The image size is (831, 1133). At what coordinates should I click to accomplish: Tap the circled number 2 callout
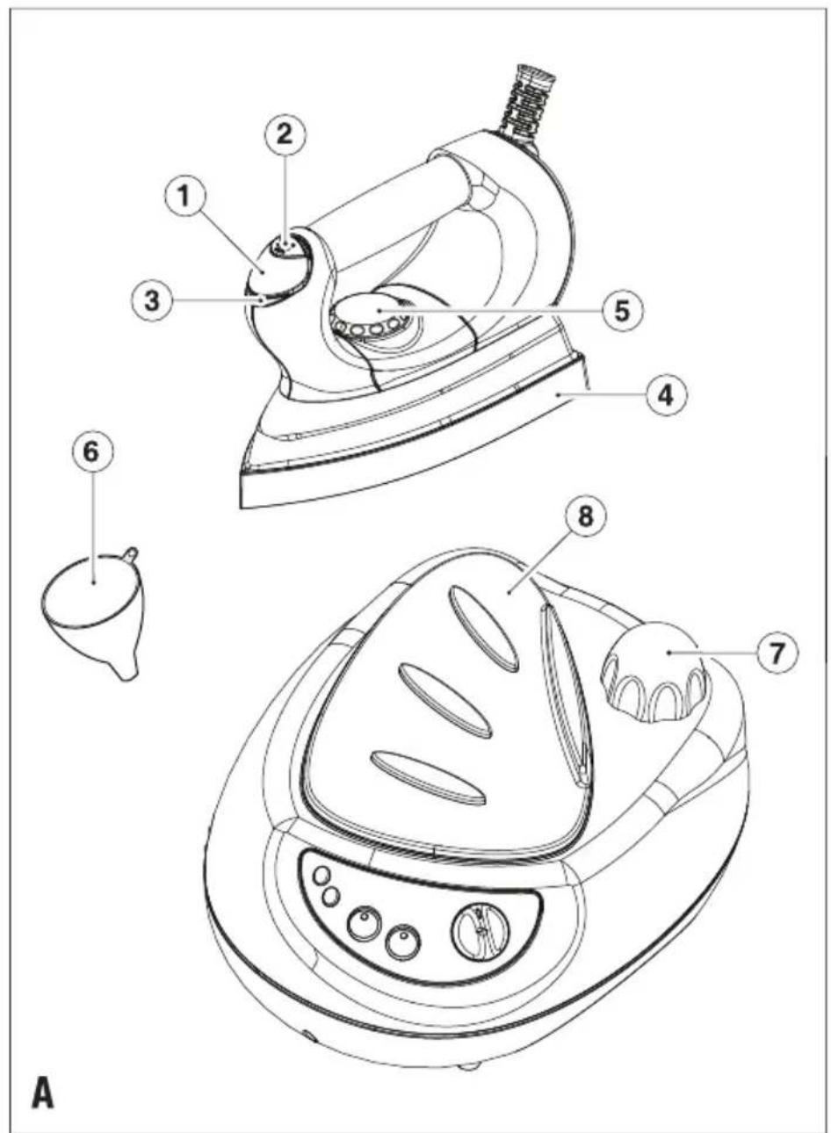(x=285, y=135)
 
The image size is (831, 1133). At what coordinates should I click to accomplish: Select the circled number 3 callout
(x=152, y=300)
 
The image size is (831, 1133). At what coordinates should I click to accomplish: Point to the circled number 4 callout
(x=667, y=395)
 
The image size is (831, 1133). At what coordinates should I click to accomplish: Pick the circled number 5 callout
(x=622, y=310)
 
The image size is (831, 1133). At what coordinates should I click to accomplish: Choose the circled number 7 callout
(x=777, y=653)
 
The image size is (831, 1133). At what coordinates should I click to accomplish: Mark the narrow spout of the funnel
(x=125, y=667)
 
